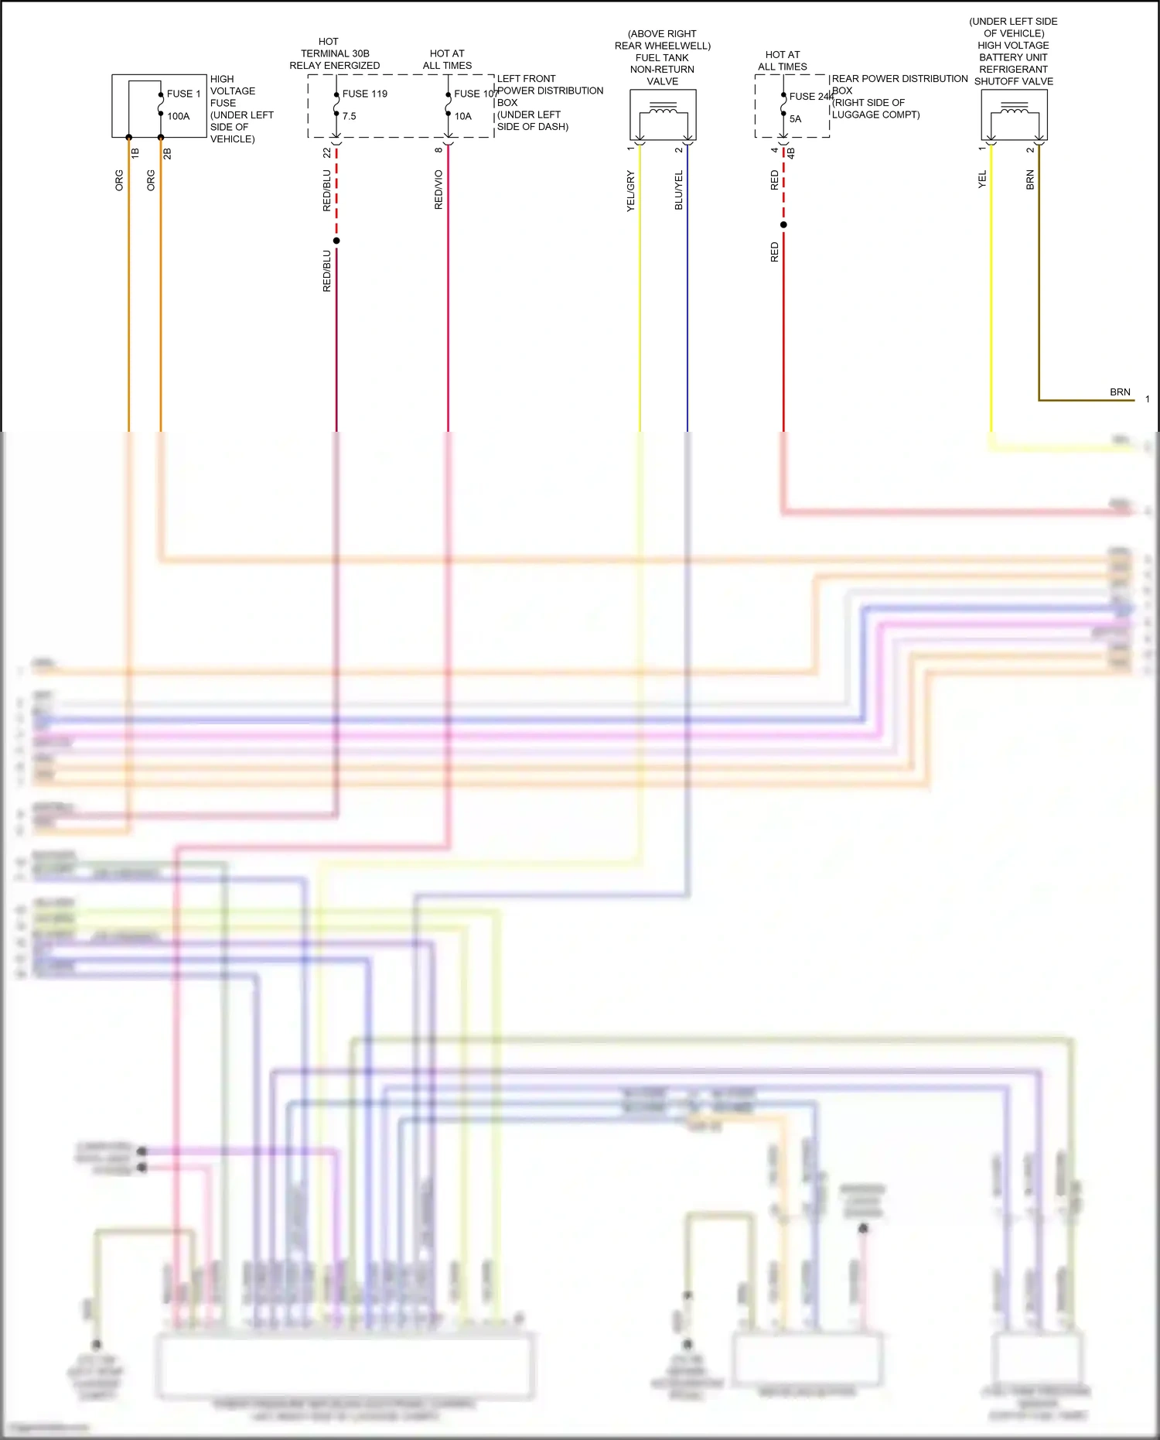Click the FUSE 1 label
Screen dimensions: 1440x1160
(x=183, y=94)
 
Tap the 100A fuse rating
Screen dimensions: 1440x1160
(x=178, y=116)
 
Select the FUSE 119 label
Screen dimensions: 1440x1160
(x=364, y=94)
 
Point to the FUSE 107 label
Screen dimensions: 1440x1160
(x=476, y=94)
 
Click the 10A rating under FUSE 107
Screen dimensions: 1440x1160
(x=462, y=116)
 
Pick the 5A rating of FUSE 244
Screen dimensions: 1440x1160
(x=795, y=119)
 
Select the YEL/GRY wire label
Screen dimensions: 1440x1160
(x=630, y=190)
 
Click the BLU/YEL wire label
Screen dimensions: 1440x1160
(x=678, y=190)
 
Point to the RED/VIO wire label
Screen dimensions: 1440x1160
(x=438, y=190)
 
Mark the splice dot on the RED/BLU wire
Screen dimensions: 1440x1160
(x=336, y=241)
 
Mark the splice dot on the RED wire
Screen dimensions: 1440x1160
(x=783, y=225)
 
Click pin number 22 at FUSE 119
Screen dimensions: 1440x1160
(x=327, y=153)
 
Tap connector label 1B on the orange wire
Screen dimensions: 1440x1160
(x=135, y=153)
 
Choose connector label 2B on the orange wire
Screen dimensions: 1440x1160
(x=167, y=153)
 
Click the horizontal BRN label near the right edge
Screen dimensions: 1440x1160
(x=1120, y=392)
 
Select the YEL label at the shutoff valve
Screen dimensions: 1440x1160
(x=982, y=180)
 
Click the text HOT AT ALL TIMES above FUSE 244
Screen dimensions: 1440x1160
(x=783, y=60)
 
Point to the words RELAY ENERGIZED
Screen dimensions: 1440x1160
(x=335, y=66)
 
